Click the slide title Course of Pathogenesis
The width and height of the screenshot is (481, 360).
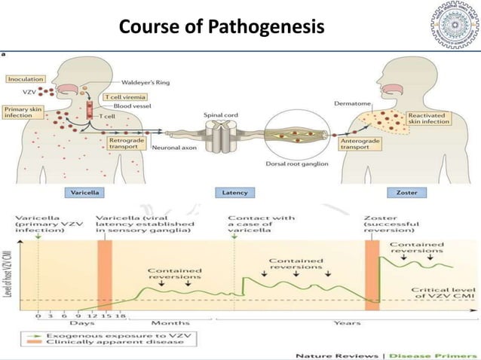[x=221, y=27]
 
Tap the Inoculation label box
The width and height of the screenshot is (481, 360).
[x=26, y=78]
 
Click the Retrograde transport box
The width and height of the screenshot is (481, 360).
[x=126, y=142]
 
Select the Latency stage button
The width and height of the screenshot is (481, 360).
[x=235, y=192]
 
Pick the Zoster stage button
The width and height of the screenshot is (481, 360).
[x=407, y=192]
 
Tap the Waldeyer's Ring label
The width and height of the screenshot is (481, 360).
[x=126, y=84]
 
